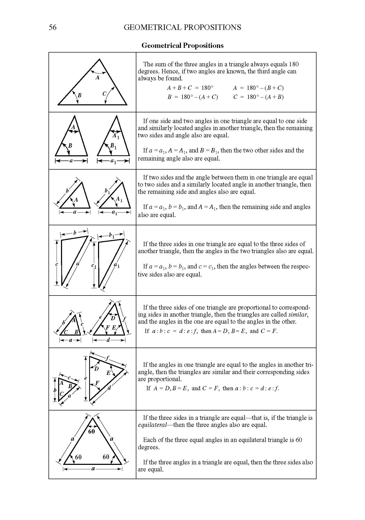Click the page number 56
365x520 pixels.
click(52, 27)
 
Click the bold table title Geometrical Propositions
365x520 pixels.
click(182, 46)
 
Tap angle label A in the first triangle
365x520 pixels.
click(98, 78)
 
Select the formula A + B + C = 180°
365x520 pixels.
click(190, 88)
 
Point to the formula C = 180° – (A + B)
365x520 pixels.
click(258, 97)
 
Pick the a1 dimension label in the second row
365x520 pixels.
click(113, 161)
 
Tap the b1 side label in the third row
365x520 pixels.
click(107, 191)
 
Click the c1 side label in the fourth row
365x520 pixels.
click(94, 266)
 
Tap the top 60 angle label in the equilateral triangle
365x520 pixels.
click(92, 431)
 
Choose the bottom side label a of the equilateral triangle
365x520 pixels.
click(93, 469)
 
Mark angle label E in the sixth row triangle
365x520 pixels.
click(108, 373)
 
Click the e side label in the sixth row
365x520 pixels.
click(85, 378)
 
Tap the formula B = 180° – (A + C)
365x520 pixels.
click(192, 97)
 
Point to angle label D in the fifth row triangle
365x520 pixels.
click(113, 318)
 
